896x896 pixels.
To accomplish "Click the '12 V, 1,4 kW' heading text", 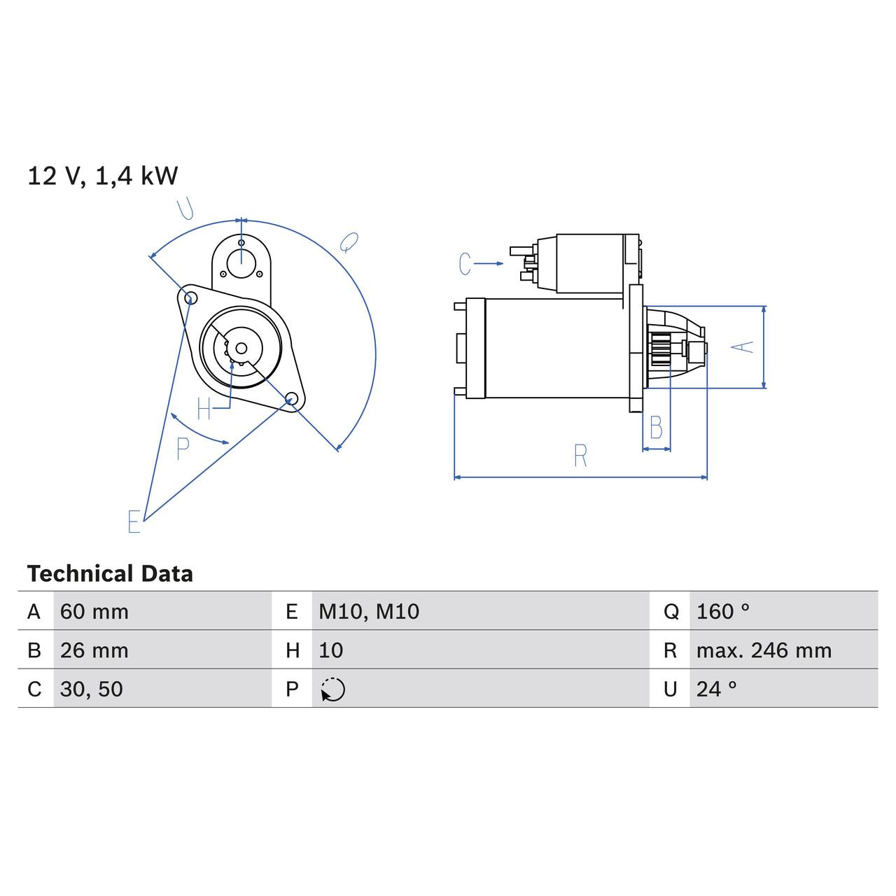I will point(102,176).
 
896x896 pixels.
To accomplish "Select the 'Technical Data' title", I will point(110,574).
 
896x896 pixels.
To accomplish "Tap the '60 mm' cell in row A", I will point(94,612).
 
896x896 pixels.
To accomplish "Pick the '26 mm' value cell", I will point(94,650).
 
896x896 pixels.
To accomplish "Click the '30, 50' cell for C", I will point(92,689).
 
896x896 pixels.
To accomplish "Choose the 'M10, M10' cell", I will point(369,612).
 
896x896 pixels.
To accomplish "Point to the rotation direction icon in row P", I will point(333,689).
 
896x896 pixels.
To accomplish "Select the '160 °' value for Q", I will point(723,612).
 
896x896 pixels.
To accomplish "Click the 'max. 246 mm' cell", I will point(764,650).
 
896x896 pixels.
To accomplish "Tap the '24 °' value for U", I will point(717,689).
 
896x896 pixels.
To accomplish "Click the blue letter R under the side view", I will point(580,456).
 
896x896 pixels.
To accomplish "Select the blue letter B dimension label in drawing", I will point(656,428).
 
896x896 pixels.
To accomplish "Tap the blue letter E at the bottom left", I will point(134,521).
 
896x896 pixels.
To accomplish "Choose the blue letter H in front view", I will point(204,409).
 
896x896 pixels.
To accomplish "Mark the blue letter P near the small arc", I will point(183,449).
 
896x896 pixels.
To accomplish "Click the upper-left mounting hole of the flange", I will point(188,297).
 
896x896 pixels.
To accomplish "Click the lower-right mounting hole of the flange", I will point(292,399).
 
